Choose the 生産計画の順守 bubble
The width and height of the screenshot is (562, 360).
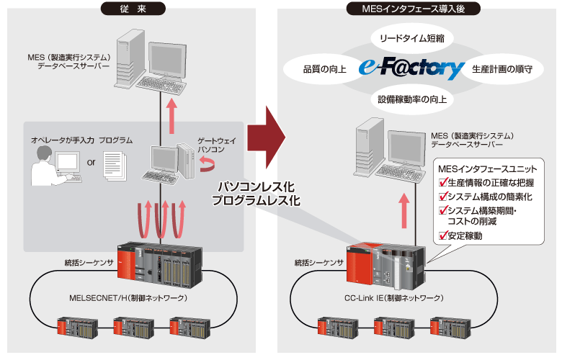tap(502, 70)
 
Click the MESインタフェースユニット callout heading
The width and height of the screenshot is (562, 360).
tap(488, 168)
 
